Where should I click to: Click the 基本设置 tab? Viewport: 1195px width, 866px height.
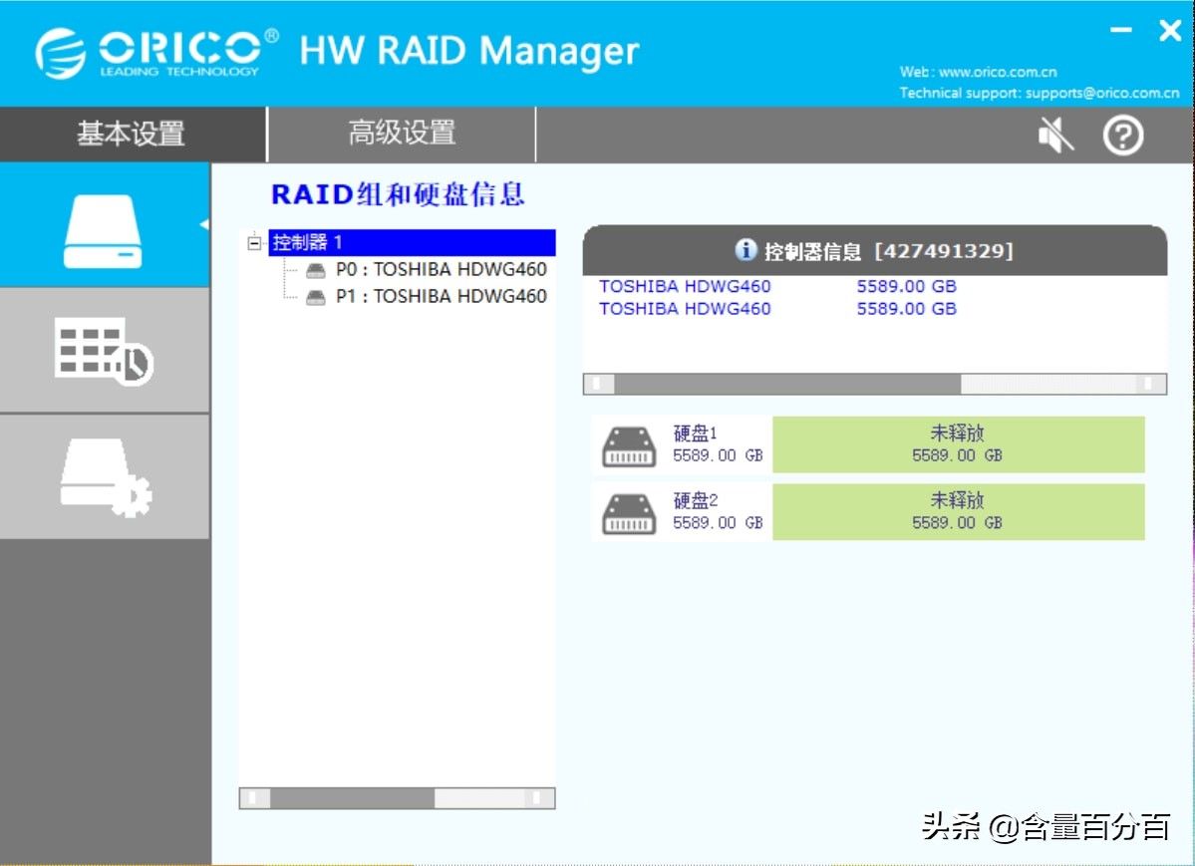(132, 134)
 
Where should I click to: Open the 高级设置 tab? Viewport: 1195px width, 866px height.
(402, 133)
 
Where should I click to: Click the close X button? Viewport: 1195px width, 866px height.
(1170, 31)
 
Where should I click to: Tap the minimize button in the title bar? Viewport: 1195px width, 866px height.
(1120, 31)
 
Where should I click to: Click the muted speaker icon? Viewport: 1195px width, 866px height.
(1055, 136)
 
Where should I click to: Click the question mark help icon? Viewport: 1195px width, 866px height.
(1123, 136)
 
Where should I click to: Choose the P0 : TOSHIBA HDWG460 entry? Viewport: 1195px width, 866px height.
(442, 269)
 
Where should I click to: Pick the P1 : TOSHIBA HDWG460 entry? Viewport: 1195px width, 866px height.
(442, 296)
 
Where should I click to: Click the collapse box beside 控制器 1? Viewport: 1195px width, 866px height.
(254, 243)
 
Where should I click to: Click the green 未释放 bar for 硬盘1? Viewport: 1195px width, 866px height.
(958, 444)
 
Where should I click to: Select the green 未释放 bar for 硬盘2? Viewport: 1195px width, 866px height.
(958, 511)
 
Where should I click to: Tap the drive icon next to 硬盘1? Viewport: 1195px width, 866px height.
(629, 446)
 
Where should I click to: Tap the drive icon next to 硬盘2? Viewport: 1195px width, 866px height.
(629, 514)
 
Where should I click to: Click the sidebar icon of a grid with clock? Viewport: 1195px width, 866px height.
(104, 351)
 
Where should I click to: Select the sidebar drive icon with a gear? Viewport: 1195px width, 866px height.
(106, 477)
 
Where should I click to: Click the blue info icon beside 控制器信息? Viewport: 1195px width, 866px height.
(746, 249)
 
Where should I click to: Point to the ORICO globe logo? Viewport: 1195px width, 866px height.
(60, 54)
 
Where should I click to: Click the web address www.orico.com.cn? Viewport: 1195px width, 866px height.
(998, 73)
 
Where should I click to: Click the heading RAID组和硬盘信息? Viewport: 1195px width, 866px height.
(398, 194)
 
